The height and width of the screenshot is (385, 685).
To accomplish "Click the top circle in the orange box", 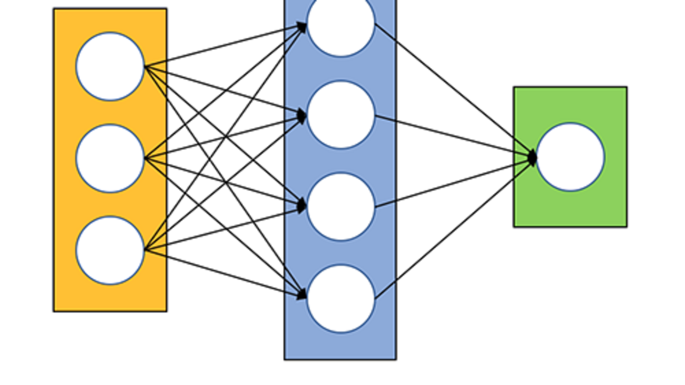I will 110,66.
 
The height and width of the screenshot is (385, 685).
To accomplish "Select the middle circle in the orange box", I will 110,158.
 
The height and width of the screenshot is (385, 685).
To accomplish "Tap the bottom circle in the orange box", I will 110,250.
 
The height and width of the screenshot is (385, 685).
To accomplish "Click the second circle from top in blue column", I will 341,115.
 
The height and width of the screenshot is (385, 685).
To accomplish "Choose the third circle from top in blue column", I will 341,206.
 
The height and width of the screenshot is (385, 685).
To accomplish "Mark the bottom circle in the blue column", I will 341,298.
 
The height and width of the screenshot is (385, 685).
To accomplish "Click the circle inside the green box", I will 570,157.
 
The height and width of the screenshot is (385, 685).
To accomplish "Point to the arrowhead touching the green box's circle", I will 532,157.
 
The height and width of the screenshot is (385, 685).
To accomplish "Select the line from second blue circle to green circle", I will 453,136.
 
